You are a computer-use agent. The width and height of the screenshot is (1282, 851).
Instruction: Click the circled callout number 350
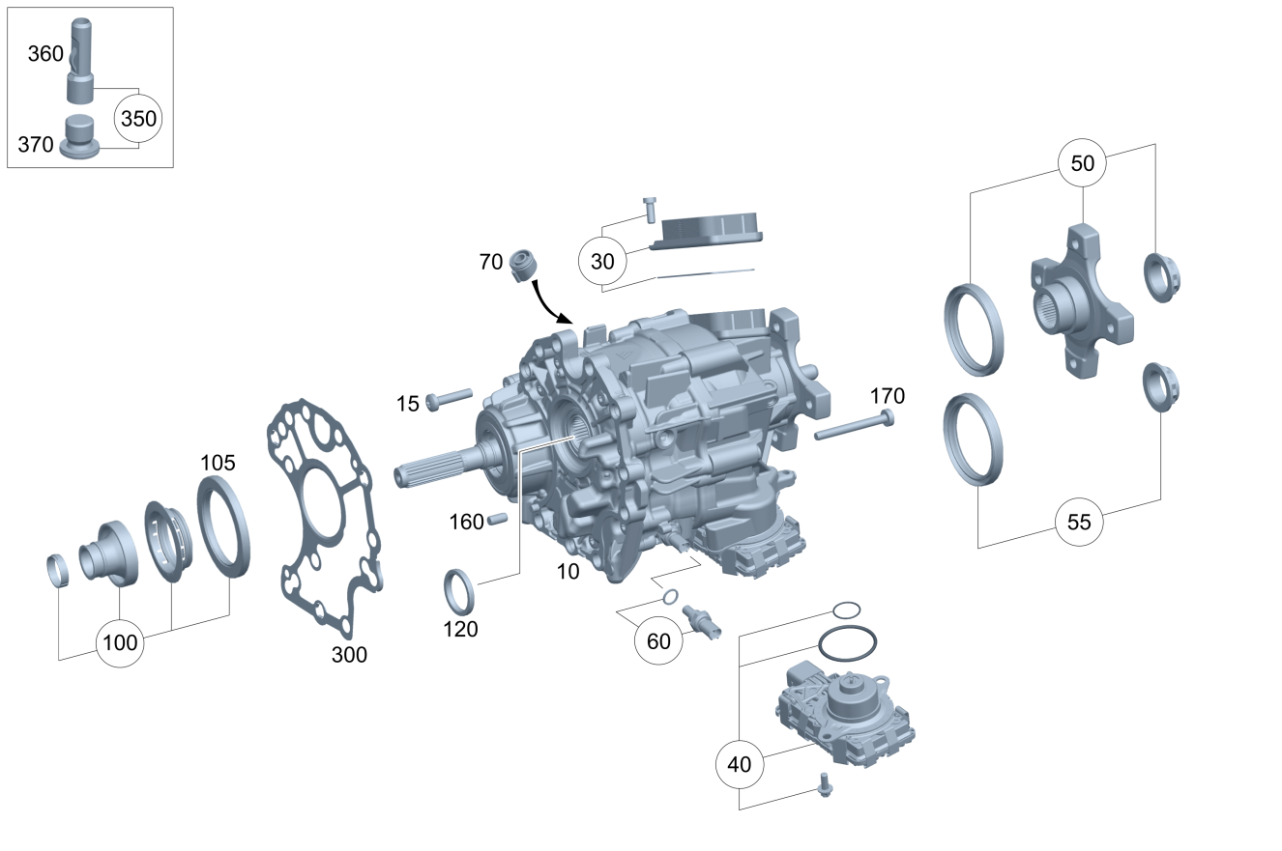click(x=138, y=119)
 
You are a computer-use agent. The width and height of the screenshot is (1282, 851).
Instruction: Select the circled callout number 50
click(x=1082, y=163)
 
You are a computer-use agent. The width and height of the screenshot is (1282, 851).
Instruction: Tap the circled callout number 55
click(x=1079, y=523)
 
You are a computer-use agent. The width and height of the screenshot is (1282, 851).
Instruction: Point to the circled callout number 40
click(x=740, y=764)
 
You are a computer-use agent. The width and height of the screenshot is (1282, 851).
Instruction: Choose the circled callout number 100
click(x=120, y=642)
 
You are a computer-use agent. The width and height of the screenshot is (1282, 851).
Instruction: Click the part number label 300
click(x=349, y=655)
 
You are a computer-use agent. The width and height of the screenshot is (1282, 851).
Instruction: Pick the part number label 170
click(x=888, y=396)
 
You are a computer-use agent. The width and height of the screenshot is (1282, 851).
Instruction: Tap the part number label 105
click(x=218, y=463)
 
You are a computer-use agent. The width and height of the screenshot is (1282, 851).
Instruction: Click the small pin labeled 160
click(x=497, y=520)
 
